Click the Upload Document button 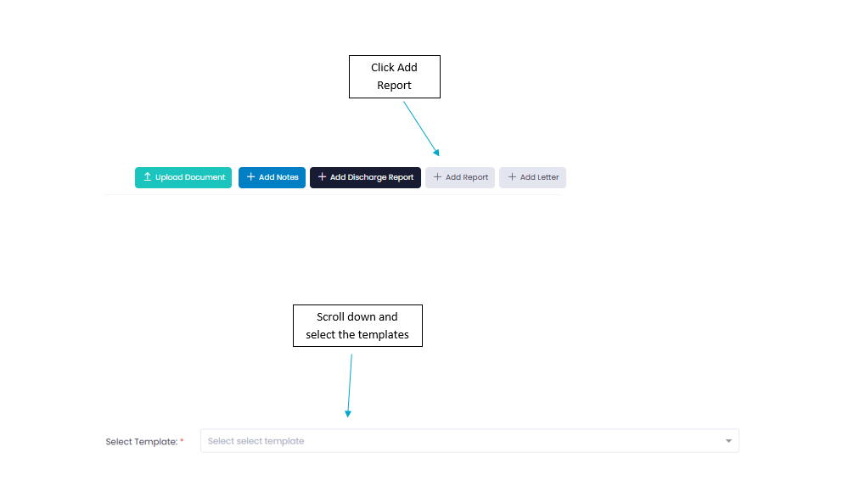pyautogui.click(x=183, y=177)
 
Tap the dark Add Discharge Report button pyautogui.click(x=366, y=177)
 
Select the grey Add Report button pyautogui.click(x=460, y=177)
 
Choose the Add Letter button pyautogui.click(x=532, y=177)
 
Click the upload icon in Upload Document pyautogui.click(x=147, y=177)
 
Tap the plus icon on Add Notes pyautogui.click(x=251, y=177)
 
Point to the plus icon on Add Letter pyautogui.click(x=512, y=177)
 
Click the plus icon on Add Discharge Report pyautogui.click(x=322, y=177)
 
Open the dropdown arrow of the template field pyautogui.click(x=728, y=441)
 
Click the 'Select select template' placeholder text pyautogui.click(x=256, y=441)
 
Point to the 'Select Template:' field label pyautogui.click(x=142, y=441)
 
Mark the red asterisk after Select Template pyautogui.click(x=182, y=440)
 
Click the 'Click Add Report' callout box pyautogui.click(x=395, y=76)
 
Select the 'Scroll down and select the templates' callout pyautogui.click(x=357, y=326)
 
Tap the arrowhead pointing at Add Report pyautogui.click(x=437, y=153)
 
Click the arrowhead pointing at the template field pyautogui.click(x=348, y=414)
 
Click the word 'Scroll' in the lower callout pyautogui.click(x=331, y=316)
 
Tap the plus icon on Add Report pyautogui.click(x=437, y=177)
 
